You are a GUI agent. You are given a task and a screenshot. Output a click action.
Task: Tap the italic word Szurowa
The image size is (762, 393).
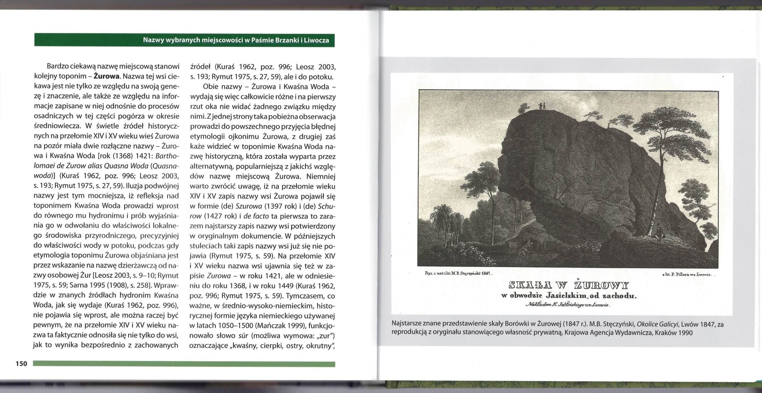point(249,206)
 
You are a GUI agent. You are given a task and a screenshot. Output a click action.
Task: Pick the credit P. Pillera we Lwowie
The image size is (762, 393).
point(686,275)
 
